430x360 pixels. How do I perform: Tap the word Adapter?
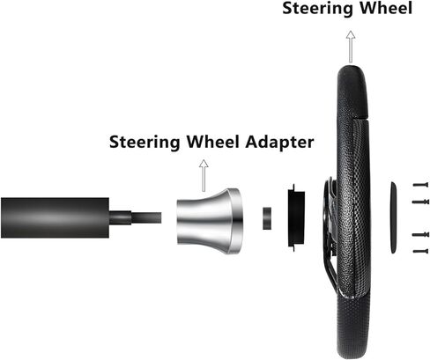coord(279,143)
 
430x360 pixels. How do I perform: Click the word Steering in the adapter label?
coord(145,143)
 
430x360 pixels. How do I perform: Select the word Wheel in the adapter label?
coord(213,142)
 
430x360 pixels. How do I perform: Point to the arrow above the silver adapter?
coord(204,175)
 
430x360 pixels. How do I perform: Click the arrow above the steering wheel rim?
coord(351,47)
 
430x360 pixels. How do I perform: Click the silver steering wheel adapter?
coord(210,221)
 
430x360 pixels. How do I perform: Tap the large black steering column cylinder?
coord(55,217)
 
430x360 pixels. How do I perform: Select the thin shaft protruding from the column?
coord(135,217)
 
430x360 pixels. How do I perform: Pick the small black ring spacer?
coord(267,218)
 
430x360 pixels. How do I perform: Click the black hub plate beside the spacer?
coord(296,217)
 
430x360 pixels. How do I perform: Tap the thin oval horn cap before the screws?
coord(393,217)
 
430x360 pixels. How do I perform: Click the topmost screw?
coord(420,185)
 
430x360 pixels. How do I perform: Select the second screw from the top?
coord(421,202)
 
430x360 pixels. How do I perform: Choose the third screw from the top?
coord(421,234)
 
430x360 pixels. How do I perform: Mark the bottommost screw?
coord(420,251)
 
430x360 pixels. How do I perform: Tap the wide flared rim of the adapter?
coord(237,221)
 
